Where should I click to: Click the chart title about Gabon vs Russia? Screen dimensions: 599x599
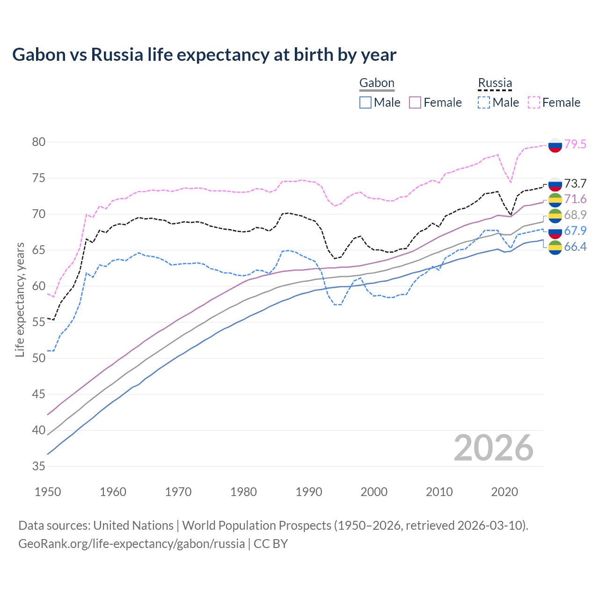(204, 55)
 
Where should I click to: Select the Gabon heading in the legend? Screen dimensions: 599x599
(377, 83)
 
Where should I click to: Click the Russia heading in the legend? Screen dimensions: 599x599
(495, 83)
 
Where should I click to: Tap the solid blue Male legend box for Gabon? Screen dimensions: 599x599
(365, 102)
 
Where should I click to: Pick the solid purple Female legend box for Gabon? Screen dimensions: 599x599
(415, 102)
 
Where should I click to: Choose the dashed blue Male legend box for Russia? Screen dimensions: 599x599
(484, 102)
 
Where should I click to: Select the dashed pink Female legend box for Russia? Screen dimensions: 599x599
(534, 102)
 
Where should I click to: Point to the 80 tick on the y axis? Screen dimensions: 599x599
(39, 142)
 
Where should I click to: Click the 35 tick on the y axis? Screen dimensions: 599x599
(39, 466)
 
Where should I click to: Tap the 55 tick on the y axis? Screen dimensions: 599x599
(39, 322)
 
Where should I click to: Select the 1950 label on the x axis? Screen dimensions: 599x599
(48, 492)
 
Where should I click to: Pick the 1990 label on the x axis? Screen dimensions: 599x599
(309, 492)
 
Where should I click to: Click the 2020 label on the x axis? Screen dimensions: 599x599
(504, 492)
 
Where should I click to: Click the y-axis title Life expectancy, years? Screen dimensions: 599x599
(20, 299)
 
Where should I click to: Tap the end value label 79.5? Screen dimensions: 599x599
(575, 144)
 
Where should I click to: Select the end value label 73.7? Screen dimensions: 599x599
(575, 183)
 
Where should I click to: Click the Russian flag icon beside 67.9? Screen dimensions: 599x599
(555, 231)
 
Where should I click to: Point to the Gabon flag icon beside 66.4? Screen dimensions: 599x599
(555, 248)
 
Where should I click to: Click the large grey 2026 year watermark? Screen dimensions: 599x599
(494, 448)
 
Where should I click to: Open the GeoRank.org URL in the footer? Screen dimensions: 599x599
(131, 544)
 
